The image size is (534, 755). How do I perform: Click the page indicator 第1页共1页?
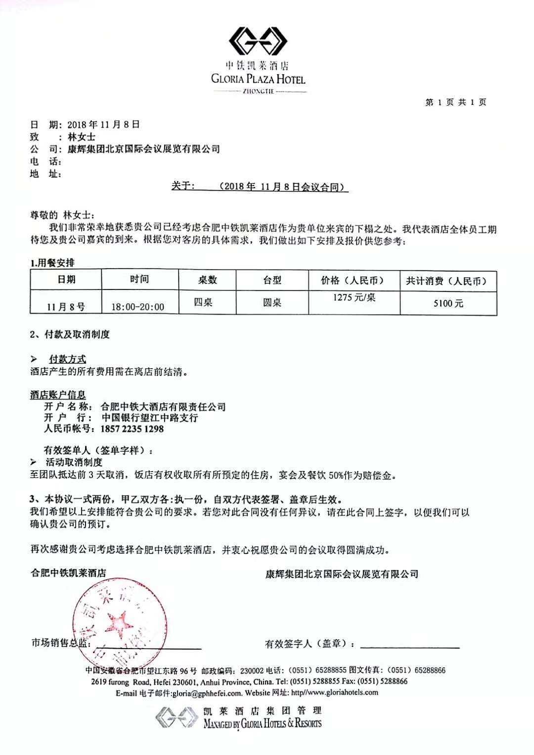[455, 102]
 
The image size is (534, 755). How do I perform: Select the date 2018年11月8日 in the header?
[103, 125]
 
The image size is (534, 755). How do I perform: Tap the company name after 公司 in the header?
[144, 149]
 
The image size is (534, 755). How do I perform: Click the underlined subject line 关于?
[260, 187]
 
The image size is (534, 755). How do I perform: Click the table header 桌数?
[207, 280]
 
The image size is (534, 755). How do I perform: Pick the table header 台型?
[272, 281]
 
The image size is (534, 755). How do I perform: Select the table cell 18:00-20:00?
[137, 307]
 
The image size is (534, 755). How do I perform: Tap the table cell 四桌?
[203, 302]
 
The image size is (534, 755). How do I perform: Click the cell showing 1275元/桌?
[354, 297]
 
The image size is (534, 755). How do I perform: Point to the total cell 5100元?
[448, 303]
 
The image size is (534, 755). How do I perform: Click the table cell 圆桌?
[272, 302]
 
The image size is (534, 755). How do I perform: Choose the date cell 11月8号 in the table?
[66, 307]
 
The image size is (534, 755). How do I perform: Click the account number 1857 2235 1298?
[132, 429]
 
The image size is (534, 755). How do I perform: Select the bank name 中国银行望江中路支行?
[150, 418]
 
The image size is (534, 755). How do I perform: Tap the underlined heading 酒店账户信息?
[58, 395]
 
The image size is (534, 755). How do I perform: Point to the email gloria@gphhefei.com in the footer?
[207, 693]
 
